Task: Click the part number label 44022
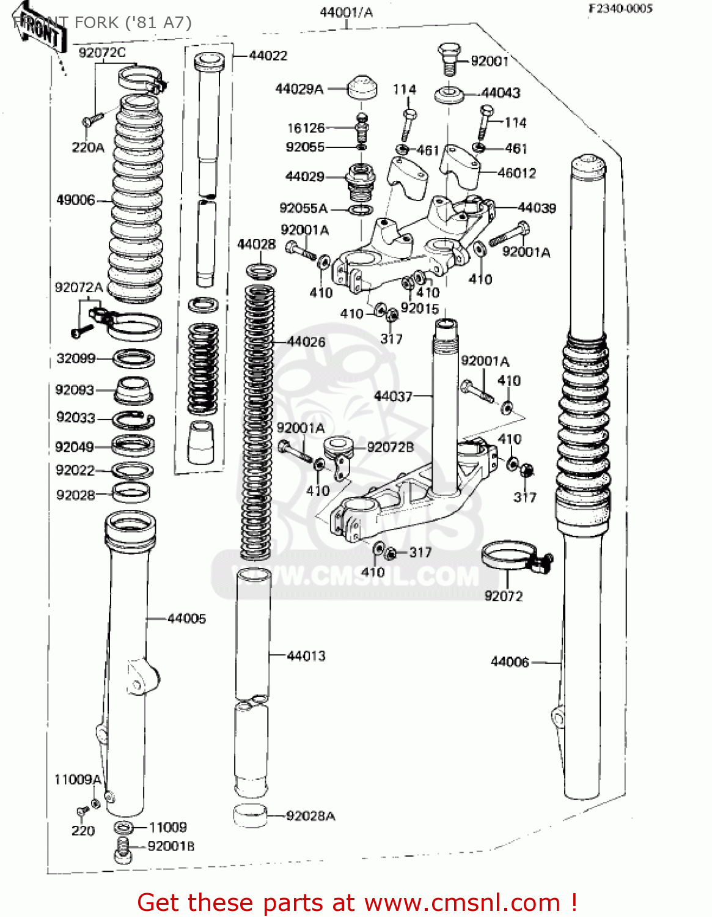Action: (268, 56)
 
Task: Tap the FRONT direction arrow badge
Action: (40, 31)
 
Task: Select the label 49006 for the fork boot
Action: (75, 200)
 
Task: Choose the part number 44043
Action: (501, 93)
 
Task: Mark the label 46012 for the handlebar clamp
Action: (516, 173)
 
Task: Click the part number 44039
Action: (537, 208)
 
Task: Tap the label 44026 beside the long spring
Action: (306, 342)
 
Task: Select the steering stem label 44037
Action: (393, 396)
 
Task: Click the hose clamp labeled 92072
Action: (513, 558)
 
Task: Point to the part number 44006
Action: (510, 661)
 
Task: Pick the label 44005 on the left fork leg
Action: (186, 619)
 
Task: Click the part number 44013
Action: (306, 656)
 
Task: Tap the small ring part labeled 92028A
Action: (250, 816)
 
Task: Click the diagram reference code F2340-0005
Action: (620, 9)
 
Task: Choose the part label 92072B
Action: (390, 447)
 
